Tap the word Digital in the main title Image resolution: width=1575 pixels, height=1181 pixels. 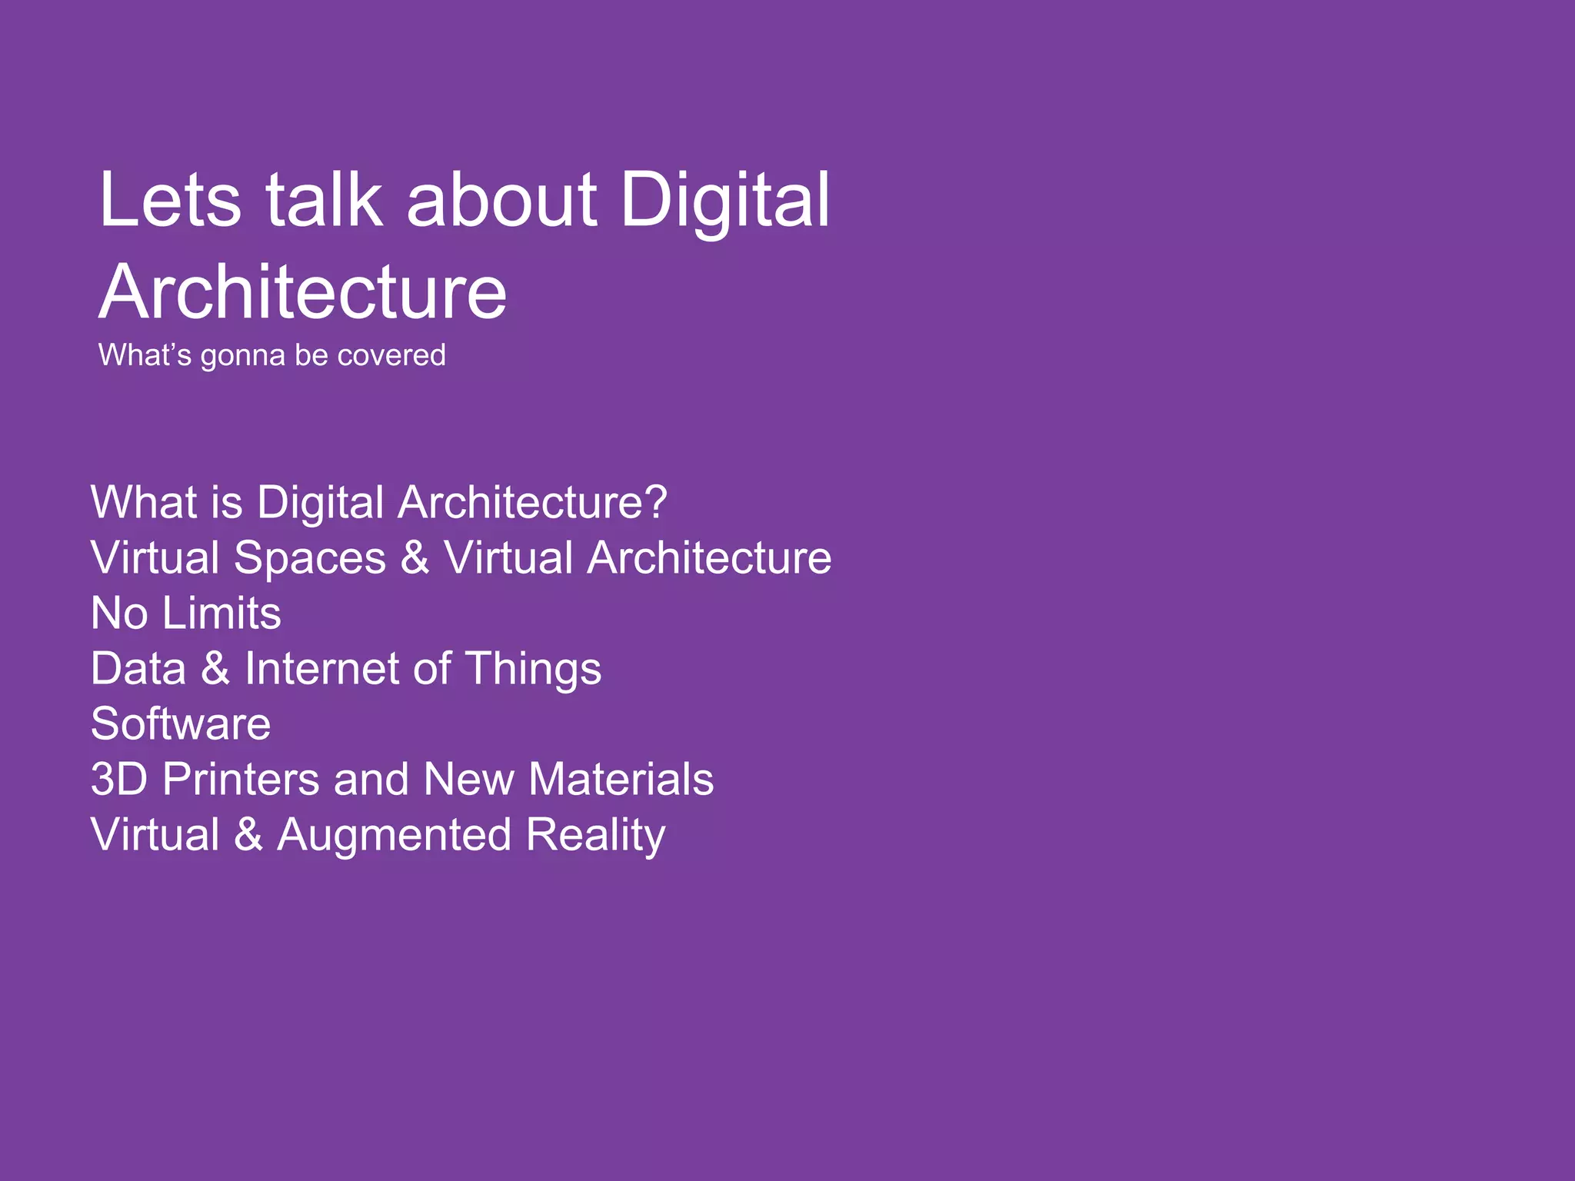724,201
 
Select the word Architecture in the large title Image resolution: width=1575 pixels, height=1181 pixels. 303,292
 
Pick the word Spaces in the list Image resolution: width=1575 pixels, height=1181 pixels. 310,557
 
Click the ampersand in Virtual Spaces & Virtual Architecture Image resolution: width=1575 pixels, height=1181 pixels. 415,557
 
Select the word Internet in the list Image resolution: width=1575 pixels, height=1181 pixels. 321,668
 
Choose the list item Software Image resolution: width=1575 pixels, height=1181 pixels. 181,724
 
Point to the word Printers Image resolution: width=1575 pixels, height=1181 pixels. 241,779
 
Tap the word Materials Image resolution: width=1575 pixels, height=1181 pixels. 621,779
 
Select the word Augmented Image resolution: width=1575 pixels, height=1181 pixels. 394,836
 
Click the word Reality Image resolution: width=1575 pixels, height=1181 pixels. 596,836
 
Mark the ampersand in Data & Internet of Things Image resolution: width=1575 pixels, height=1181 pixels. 215,668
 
